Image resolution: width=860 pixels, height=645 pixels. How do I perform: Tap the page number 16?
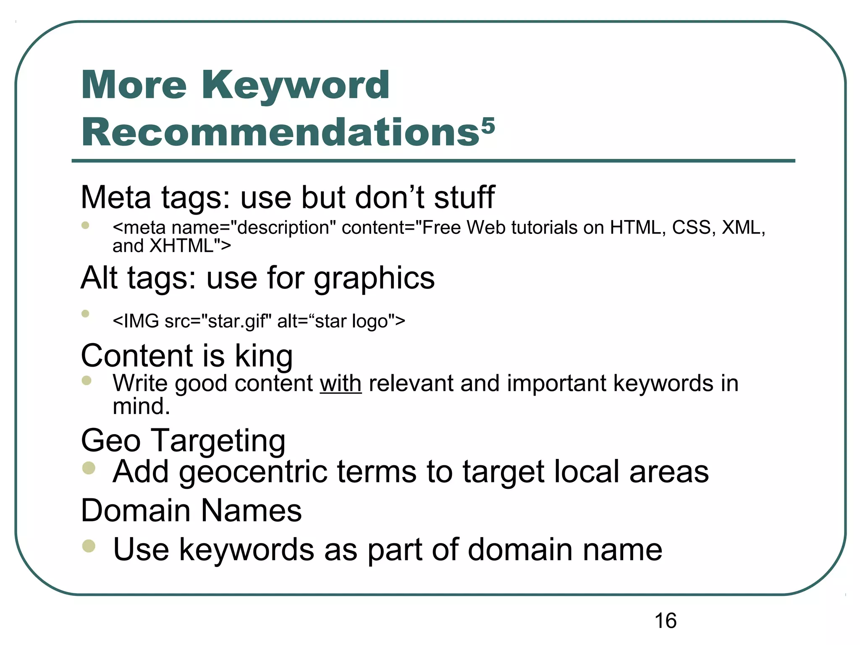(x=666, y=621)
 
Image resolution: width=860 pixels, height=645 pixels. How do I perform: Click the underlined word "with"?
(x=341, y=383)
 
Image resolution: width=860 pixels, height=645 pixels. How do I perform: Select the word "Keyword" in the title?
(x=296, y=86)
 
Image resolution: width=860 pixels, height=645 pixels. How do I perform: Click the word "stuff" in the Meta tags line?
(x=464, y=197)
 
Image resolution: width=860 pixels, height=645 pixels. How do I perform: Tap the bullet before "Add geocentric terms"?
(x=89, y=468)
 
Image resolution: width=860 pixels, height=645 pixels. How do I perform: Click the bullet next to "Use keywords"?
(x=89, y=546)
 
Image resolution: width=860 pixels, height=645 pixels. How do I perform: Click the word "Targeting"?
(x=218, y=441)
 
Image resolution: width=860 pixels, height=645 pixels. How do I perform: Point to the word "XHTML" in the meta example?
(x=182, y=246)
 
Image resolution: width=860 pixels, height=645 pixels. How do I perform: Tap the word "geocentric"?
(x=253, y=472)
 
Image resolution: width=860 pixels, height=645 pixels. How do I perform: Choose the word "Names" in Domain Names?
(x=251, y=511)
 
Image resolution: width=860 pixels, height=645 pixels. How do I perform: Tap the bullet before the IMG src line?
(x=86, y=314)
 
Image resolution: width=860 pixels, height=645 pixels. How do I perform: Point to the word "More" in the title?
(x=134, y=86)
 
